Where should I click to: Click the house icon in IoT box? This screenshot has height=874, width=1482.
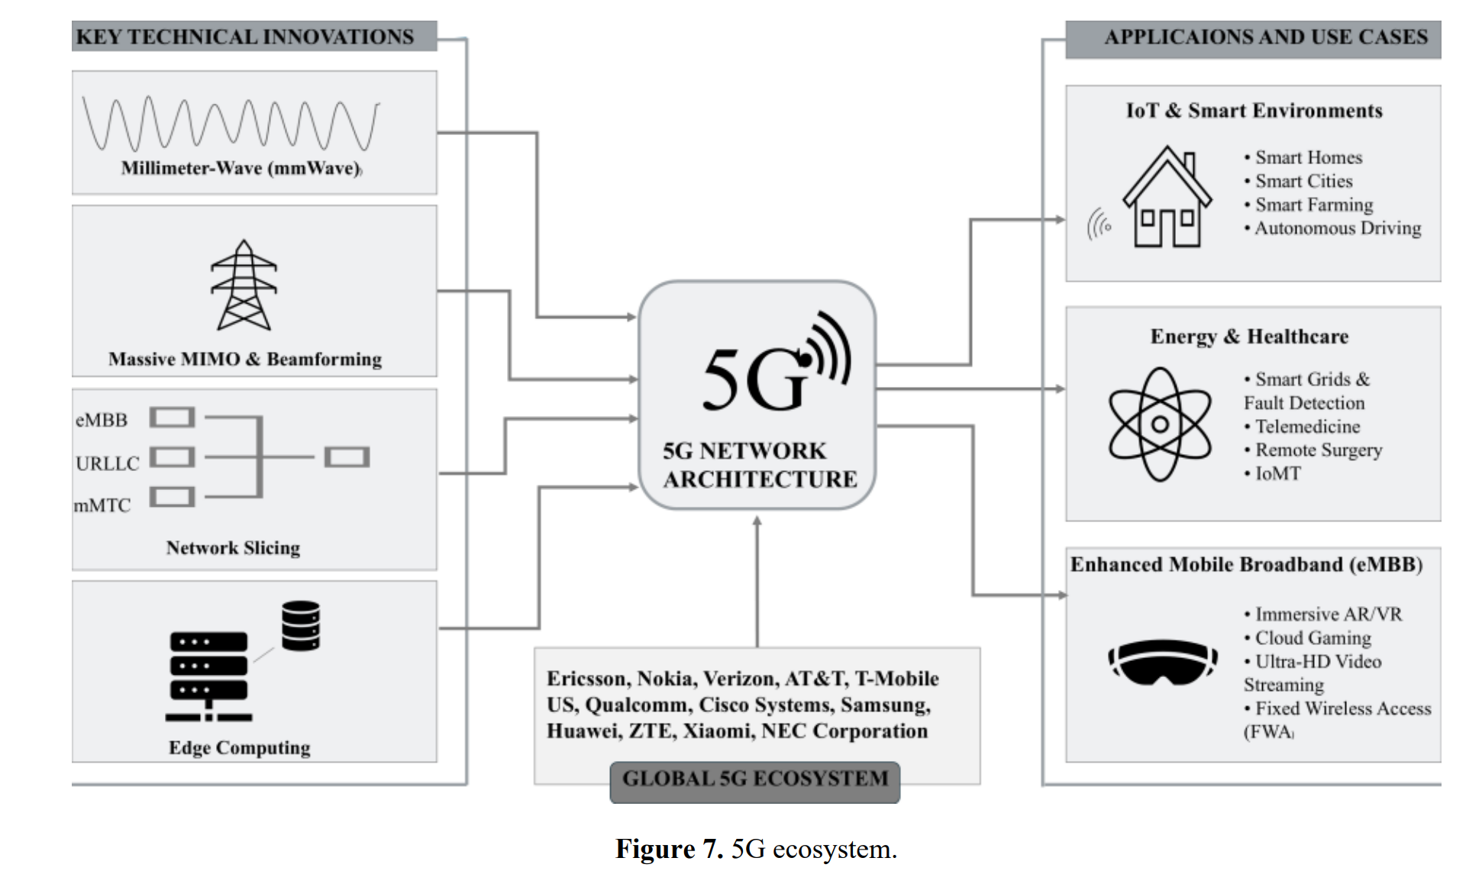point(1166,198)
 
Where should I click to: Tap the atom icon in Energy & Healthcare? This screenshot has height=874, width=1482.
point(1160,424)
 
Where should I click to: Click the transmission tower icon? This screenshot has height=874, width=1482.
point(244,285)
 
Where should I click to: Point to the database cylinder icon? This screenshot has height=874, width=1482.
point(300,626)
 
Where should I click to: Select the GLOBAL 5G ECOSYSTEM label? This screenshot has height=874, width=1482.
point(754,779)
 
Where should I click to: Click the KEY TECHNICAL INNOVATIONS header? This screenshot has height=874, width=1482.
point(245,37)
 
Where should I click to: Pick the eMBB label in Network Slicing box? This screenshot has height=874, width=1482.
point(102,420)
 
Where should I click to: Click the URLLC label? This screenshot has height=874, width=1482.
point(108,463)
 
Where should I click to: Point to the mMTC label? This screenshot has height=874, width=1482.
point(102,505)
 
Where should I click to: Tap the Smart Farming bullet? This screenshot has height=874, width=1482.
point(1313,205)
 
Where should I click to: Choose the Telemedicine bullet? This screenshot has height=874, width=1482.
point(1307,427)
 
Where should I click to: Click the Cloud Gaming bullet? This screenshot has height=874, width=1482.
point(1312,638)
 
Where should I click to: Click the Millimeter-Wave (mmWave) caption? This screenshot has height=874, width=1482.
point(241,169)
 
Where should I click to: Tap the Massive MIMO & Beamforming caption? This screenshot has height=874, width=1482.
point(245,360)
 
